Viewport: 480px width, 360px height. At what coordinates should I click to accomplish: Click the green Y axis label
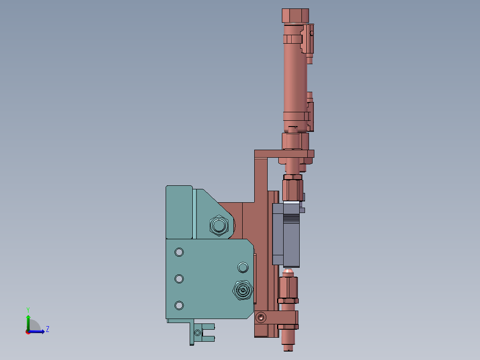pyautogui.click(x=28, y=310)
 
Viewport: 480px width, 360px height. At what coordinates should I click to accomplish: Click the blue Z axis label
pyautogui.click(x=48, y=329)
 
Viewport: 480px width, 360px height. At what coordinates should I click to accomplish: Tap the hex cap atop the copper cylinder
pyautogui.click(x=295, y=16)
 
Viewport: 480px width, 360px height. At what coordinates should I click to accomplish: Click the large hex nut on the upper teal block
pyautogui.click(x=219, y=225)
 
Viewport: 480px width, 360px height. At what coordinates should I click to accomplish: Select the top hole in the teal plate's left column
pyautogui.click(x=179, y=252)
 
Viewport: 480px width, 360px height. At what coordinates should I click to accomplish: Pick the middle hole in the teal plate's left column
pyautogui.click(x=179, y=279)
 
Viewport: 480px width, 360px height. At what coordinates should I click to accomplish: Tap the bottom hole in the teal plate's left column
pyautogui.click(x=179, y=306)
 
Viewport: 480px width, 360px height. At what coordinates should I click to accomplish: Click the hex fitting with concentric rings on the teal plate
pyautogui.click(x=243, y=290)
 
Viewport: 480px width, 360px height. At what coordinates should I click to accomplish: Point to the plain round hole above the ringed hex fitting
pyautogui.click(x=243, y=267)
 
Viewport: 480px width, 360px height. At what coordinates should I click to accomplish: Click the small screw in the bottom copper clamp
pyautogui.click(x=260, y=317)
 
